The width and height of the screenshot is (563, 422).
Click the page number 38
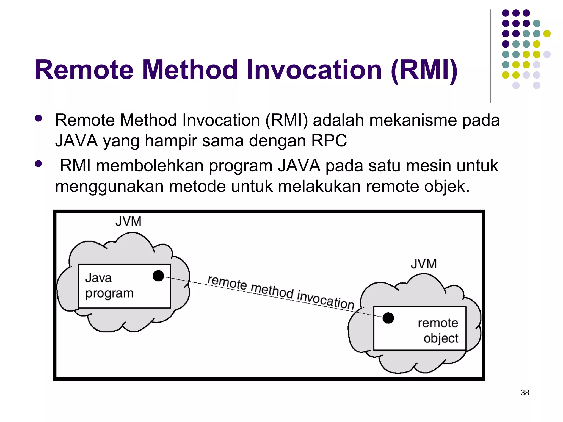(525, 392)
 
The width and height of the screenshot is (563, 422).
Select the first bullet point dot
(38, 118)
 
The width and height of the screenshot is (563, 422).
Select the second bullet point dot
(38, 164)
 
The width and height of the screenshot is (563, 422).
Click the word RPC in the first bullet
(329, 141)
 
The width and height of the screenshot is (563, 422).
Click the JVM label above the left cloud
(128, 221)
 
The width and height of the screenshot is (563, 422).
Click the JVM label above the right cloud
(424, 264)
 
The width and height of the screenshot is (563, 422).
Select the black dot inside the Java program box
(158, 276)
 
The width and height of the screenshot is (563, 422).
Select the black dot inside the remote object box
(388, 318)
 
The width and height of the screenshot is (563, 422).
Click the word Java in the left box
(98, 278)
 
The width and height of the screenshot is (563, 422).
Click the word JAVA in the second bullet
(299, 166)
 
